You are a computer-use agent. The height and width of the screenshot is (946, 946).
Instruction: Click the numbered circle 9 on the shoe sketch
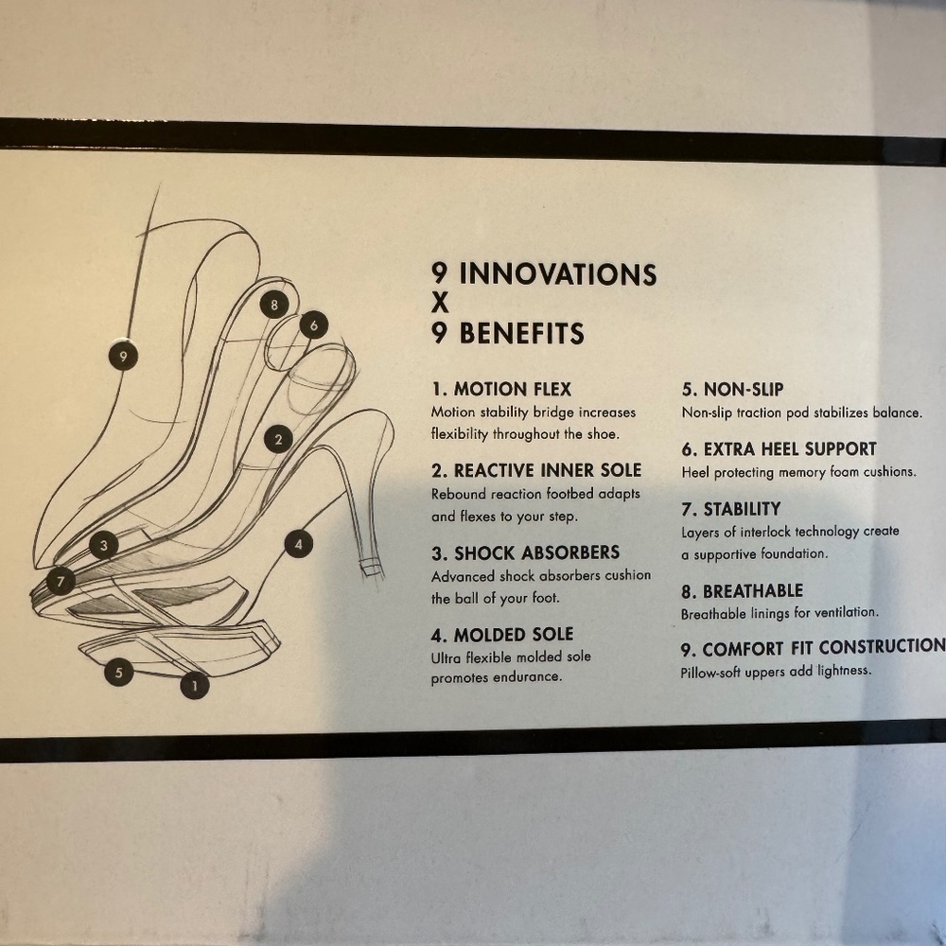[x=123, y=356]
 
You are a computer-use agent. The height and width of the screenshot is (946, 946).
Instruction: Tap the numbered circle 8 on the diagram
[x=274, y=305]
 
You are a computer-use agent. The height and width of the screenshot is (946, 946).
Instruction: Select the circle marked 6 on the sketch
[x=314, y=325]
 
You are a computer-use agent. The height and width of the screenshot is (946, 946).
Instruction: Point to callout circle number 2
[x=278, y=439]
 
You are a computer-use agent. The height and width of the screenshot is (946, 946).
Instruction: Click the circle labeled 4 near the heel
[x=298, y=545]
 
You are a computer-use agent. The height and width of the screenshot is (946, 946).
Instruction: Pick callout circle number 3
[x=104, y=546]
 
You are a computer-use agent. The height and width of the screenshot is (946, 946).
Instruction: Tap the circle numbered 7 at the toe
[x=61, y=582]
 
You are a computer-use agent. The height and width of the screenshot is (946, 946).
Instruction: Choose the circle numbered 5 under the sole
[x=119, y=672]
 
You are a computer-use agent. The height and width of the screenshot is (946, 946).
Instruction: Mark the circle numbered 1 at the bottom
[x=195, y=685]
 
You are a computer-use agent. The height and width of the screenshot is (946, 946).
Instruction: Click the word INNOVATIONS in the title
[x=557, y=274]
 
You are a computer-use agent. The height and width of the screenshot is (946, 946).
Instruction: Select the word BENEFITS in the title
[x=522, y=333]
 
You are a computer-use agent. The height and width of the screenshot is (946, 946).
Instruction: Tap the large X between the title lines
[x=441, y=303]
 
